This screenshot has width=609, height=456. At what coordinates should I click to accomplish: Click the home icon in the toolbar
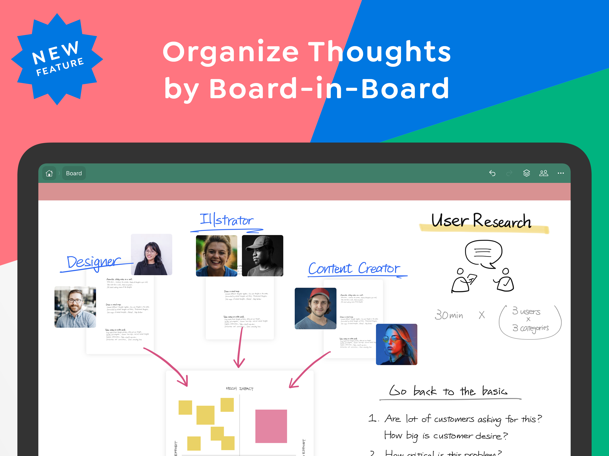tap(49, 173)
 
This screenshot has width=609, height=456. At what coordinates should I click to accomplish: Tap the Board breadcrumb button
tap(74, 173)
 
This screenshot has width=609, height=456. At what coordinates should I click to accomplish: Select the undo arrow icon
tap(492, 173)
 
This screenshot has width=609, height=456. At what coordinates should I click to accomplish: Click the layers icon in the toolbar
tap(526, 173)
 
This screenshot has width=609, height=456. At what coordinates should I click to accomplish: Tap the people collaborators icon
tap(543, 173)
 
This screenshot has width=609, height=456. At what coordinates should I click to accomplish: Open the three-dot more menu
tap(561, 173)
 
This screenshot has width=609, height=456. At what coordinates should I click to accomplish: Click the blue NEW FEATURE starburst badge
tap(57, 59)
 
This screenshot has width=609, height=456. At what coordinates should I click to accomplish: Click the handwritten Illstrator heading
tap(226, 220)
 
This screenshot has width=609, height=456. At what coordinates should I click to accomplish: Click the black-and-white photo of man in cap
tap(262, 256)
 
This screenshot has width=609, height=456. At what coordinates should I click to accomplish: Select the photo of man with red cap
tap(315, 308)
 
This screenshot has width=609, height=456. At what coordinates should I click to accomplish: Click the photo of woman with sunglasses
tap(397, 344)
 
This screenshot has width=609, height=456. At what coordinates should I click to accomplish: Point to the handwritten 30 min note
tap(449, 315)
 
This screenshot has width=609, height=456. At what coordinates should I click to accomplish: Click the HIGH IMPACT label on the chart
tap(240, 389)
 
